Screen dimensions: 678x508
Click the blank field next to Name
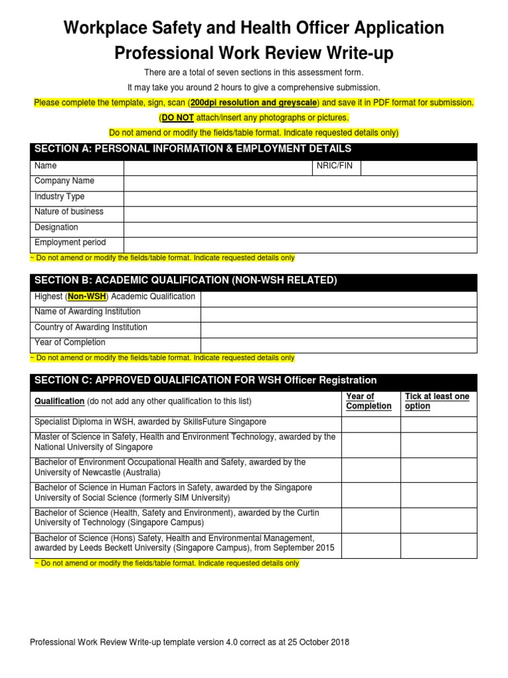[x=218, y=167]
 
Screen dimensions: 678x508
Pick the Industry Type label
[x=60, y=197]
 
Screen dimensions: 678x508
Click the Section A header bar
[x=253, y=150]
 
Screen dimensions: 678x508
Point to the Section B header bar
[x=253, y=281]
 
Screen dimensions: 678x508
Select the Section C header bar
[x=253, y=381]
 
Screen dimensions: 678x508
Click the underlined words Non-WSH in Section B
[x=87, y=297]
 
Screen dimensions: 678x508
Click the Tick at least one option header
[x=437, y=401]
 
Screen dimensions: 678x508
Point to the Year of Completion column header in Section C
[x=368, y=401]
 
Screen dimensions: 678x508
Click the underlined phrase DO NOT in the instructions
[x=177, y=118]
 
